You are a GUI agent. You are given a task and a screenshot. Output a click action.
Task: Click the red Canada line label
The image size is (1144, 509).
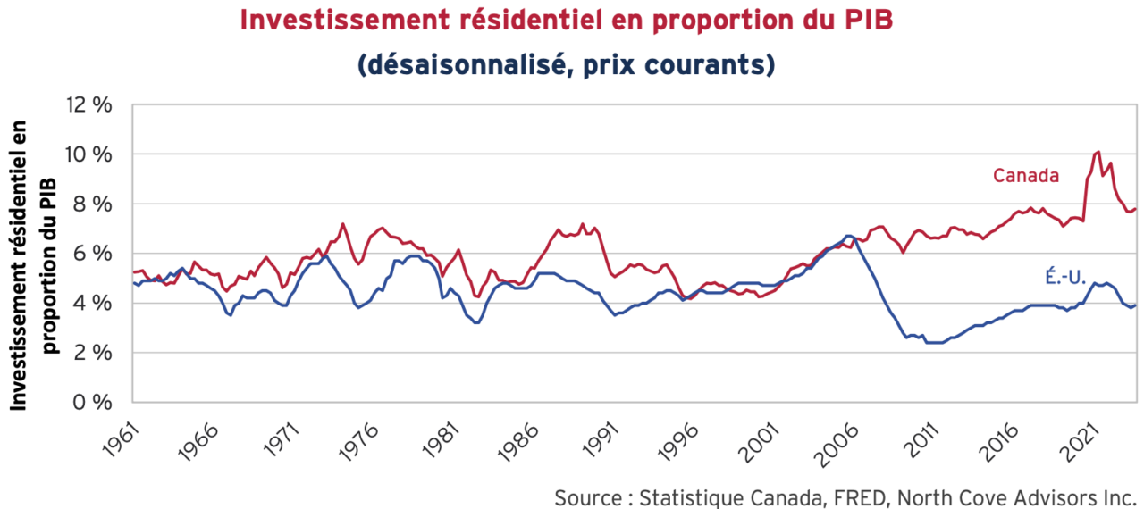point(1026,176)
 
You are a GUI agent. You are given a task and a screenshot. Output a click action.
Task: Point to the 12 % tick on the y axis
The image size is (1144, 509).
point(88,104)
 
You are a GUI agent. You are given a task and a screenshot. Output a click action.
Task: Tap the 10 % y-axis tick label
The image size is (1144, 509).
point(88,154)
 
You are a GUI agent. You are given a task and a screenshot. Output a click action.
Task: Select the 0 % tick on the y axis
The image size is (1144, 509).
point(94,402)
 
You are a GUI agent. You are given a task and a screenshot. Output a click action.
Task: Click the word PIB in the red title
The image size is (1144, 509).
point(865,21)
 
